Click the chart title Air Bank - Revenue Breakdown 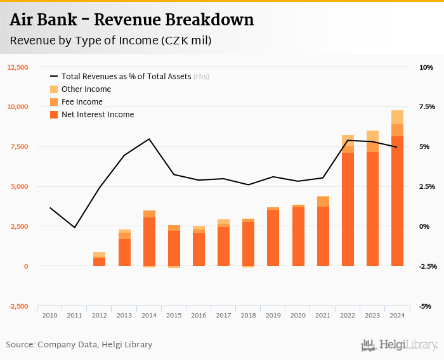pos(132,20)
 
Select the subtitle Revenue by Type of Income pos(110,41)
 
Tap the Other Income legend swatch pos(54,89)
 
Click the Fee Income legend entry pos(82,102)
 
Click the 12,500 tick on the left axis pos(17,67)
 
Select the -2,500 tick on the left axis pos(17,306)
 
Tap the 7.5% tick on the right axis pos(427,107)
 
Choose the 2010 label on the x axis pos(50,315)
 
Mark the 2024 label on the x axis pos(397,315)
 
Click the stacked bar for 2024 pos(397,190)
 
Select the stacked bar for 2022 pos(348,203)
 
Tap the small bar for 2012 pos(100,260)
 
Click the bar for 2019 pos(273,237)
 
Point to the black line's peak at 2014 pos(149,139)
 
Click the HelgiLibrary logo pos(400,345)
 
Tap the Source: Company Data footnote pos(79,345)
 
